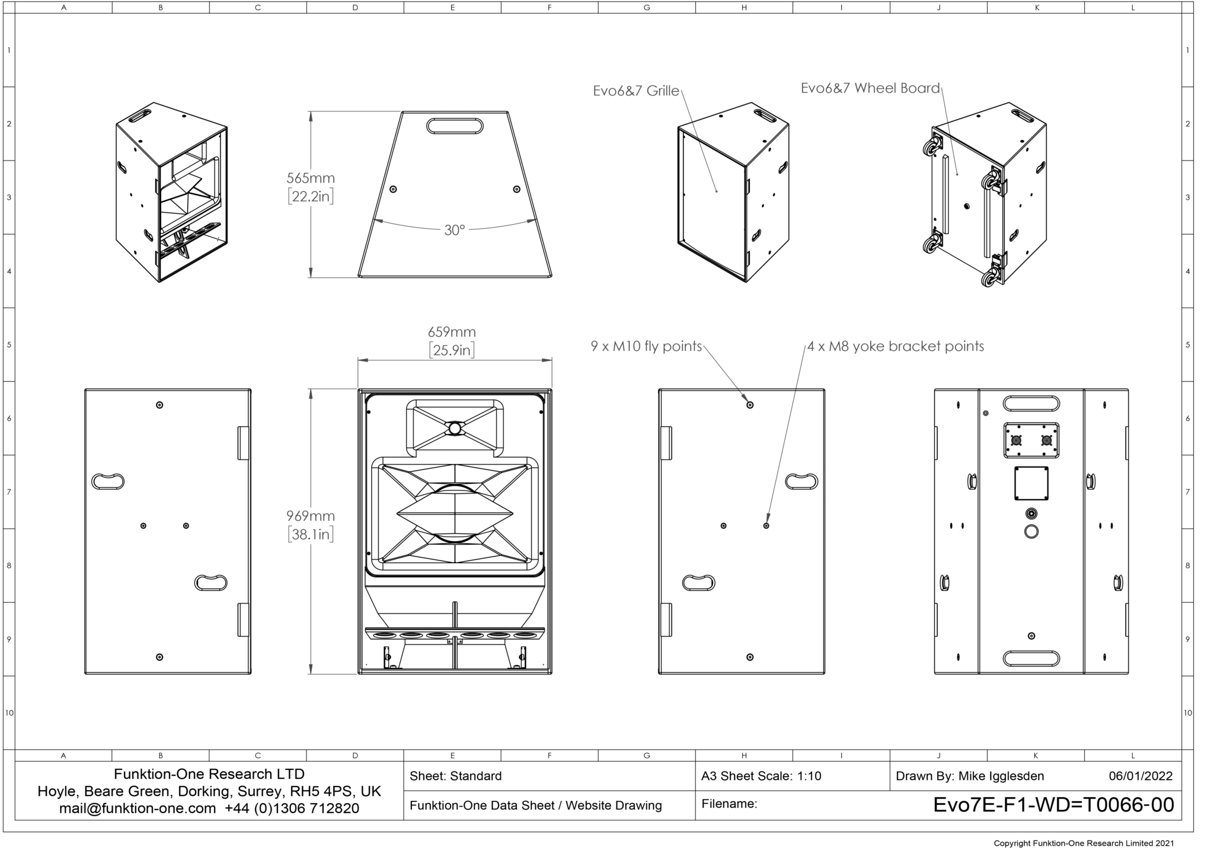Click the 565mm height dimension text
(x=311, y=178)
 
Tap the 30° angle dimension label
(x=454, y=230)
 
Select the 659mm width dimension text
(x=452, y=332)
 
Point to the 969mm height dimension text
(x=311, y=516)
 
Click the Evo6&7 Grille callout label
(x=636, y=91)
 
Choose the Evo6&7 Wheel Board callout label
(x=870, y=88)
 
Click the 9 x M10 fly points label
(x=646, y=346)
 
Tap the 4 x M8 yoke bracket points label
(x=896, y=346)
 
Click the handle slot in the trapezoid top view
(x=455, y=126)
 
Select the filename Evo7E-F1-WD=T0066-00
(x=1053, y=805)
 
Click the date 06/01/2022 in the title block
(x=1140, y=776)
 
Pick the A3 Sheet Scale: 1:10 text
(x=761, y=776)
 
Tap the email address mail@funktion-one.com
(x=138, y=808)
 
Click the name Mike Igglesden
(x=1001, y=776)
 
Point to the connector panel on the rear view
(x=1031, y=440)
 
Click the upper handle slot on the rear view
(x=1031, y=404)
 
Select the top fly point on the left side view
(x=159, y=405)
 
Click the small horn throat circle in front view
(x=455, y=428)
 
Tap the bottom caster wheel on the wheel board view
(x=989, y=279)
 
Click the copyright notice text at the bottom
(x=1084, y=843)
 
